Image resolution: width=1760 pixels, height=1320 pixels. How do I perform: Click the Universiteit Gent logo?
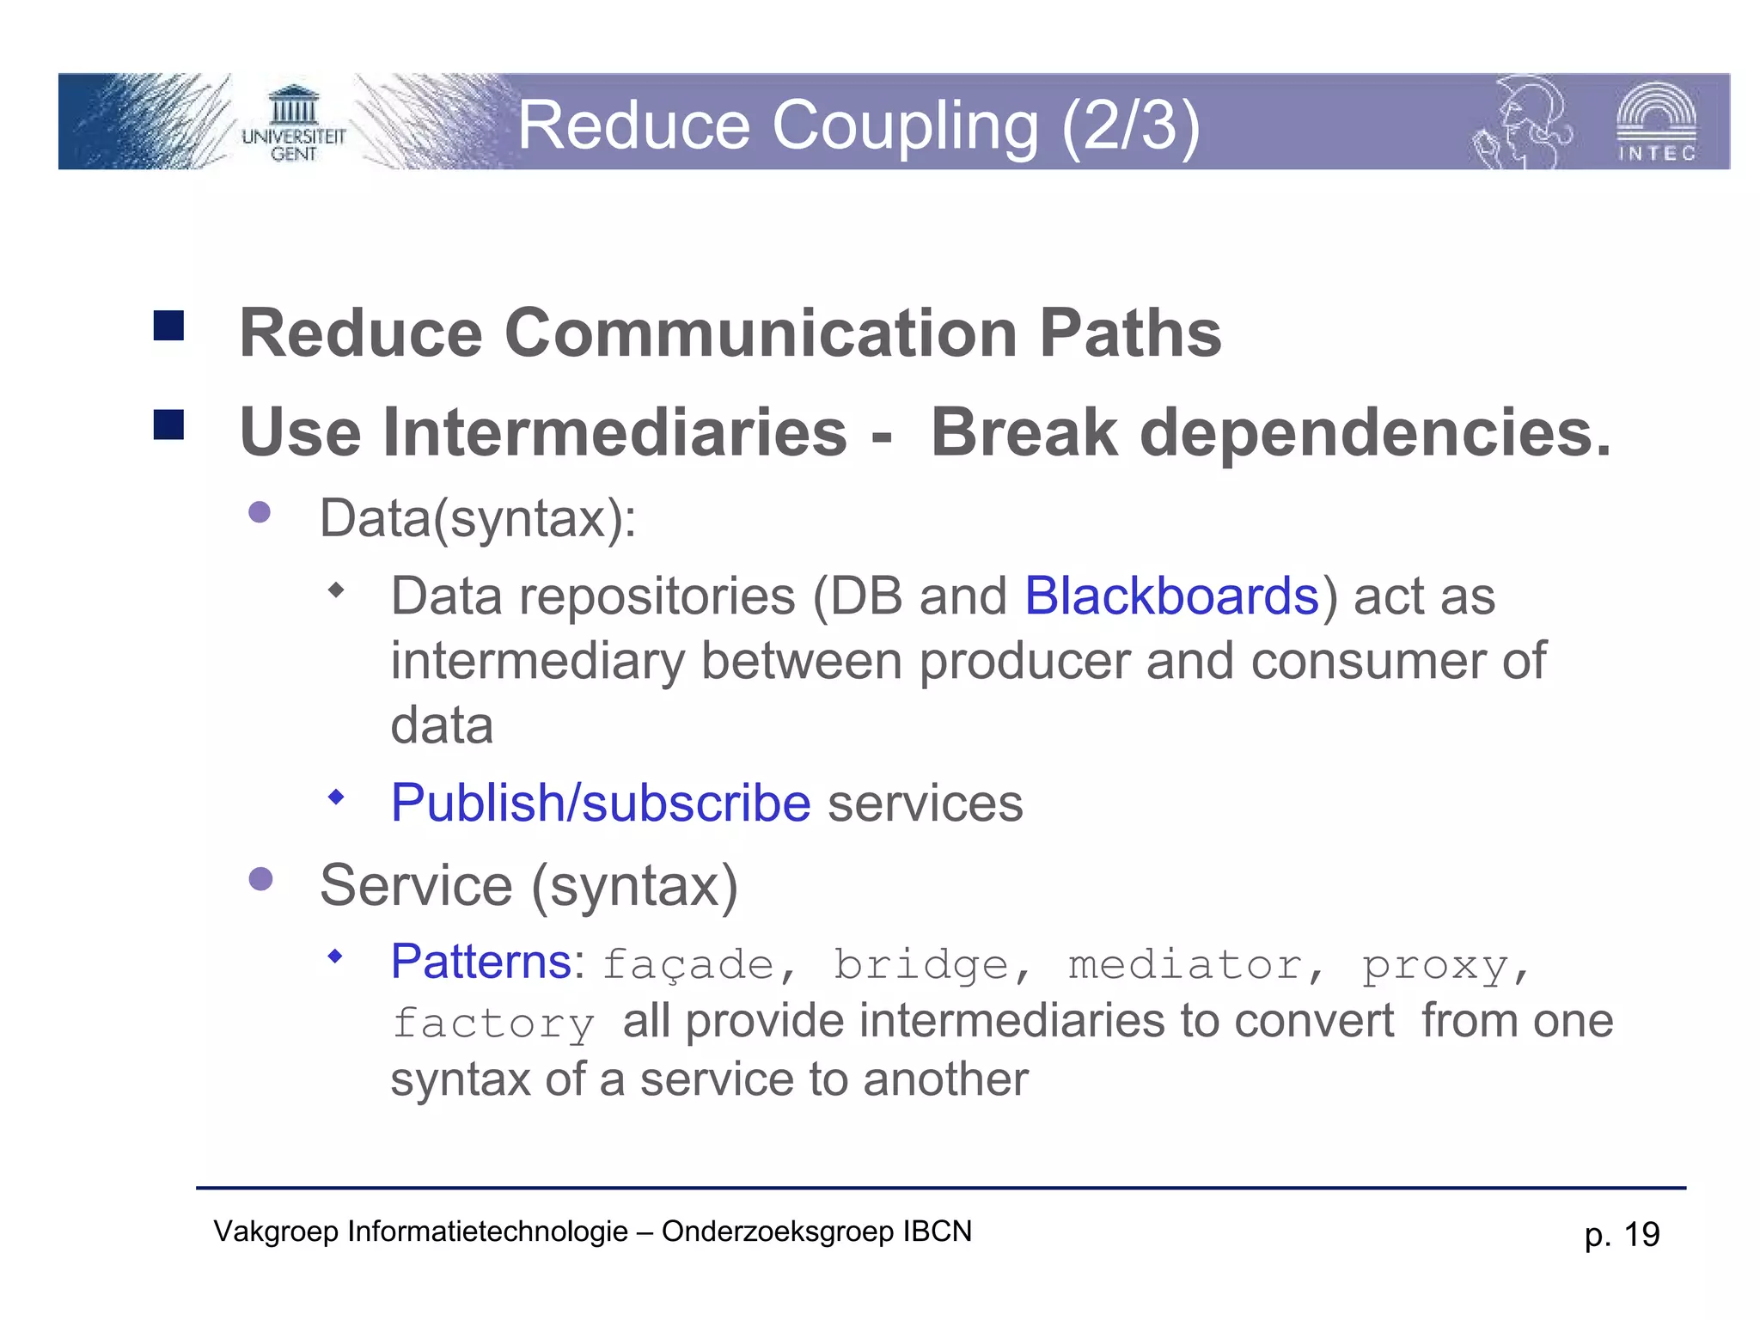(293, 125)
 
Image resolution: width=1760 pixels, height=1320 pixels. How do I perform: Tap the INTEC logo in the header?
(1656, 123)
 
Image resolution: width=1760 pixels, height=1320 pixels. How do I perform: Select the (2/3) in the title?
(1130, 125)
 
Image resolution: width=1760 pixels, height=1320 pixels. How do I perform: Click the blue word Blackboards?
(1171, 596)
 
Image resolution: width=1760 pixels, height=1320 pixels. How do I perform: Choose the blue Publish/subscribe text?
(601, 803)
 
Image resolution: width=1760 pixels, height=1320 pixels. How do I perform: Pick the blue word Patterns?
(481, 961)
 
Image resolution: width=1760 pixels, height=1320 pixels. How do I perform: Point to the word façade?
(687, 964)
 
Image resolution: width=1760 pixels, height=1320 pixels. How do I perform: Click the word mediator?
(1185, 964)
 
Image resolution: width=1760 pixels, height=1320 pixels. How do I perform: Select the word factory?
(493, 1024)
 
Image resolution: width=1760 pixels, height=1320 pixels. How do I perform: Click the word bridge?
(920, 964)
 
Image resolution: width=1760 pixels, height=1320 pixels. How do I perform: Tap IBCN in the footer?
(937, 1231)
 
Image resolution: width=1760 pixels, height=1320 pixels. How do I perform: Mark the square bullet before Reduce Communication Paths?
(169, 326)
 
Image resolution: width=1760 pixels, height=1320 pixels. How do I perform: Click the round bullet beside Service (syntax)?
(260, 879)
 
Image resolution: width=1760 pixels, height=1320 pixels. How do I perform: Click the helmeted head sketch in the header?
(1523, 123)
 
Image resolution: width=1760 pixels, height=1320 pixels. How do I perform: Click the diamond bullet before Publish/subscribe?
(336, 797)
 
